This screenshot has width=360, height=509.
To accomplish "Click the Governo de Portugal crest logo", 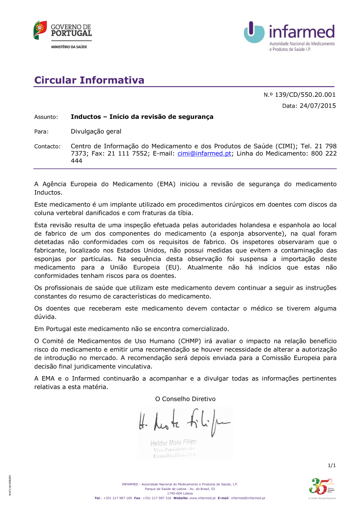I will click(x=40, y=30).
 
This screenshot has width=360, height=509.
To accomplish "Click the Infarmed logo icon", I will click(x=254, y=32).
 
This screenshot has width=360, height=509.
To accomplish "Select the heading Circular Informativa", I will click(x=89, y=80).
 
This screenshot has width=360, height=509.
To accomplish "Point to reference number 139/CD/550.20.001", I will click(x=305, y=95).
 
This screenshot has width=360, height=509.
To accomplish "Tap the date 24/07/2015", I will click(x=318, y=106).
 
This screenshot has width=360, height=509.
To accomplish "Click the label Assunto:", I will click(x=46, y=117).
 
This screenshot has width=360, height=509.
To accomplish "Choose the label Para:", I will click(x=41, y=132).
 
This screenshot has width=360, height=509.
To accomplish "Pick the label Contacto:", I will click(x=48, y=147).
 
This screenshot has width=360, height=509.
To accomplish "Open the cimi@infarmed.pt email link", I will click(x=204, y=154).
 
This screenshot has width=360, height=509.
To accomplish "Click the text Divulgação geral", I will click(x=96, y=131).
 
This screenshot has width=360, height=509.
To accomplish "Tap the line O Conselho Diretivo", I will click(x=185, y=399).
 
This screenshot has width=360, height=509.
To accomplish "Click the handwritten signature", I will click(x=184, y=421).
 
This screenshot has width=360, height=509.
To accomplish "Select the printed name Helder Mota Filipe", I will click(x=174, y=442).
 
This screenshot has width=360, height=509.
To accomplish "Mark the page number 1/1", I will click(x=332, y=465).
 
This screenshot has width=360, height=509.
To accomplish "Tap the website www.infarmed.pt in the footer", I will click(x=202, y=498).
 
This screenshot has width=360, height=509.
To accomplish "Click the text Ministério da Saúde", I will click(x=69, y=47).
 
